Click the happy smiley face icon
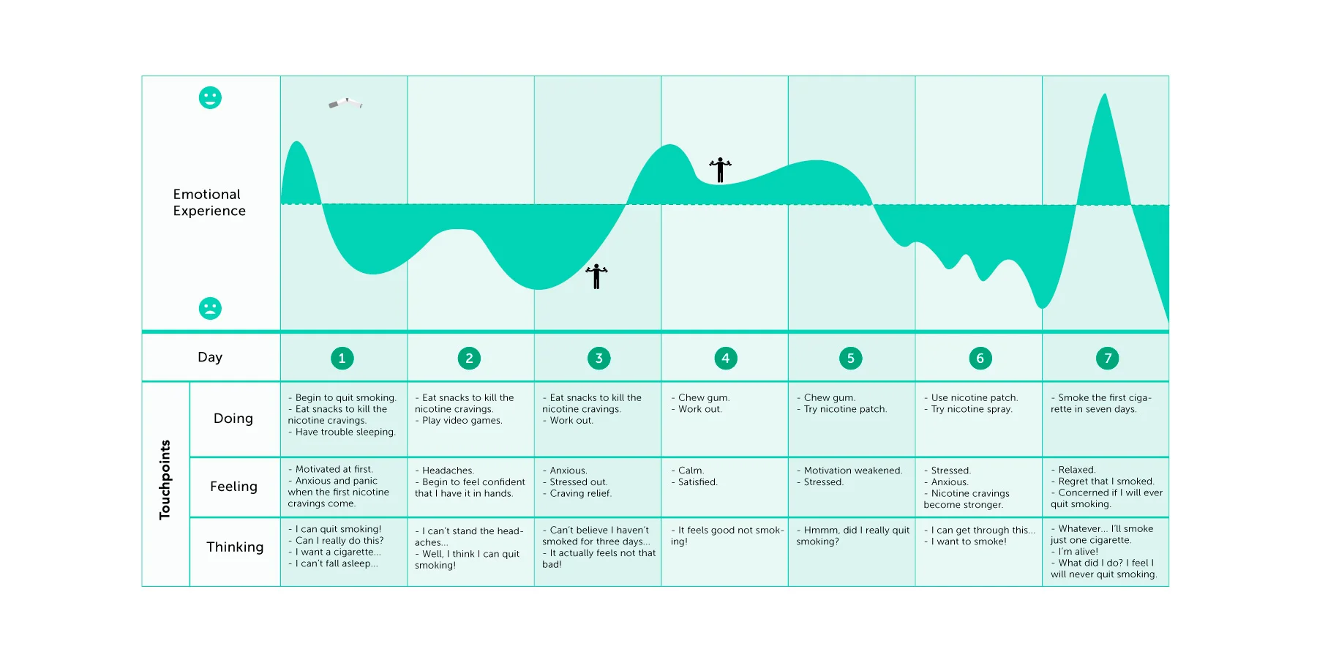point(210,97)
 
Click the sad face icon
point(210,308)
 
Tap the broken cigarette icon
point(345,103)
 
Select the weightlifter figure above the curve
point(720,170)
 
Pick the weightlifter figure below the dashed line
point(596,276)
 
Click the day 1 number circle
point(342,358)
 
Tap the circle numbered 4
point(725,358)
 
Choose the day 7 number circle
point(1107,358)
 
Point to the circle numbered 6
point(980,358)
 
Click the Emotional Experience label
point(209,202)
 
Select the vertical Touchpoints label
point(165,480)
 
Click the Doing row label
point(233,418)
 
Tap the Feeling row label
point(233,487)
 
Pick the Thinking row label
point(235,547)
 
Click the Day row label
point(210,357)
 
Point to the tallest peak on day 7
point(1105,94)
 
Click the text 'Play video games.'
point(462,421)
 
